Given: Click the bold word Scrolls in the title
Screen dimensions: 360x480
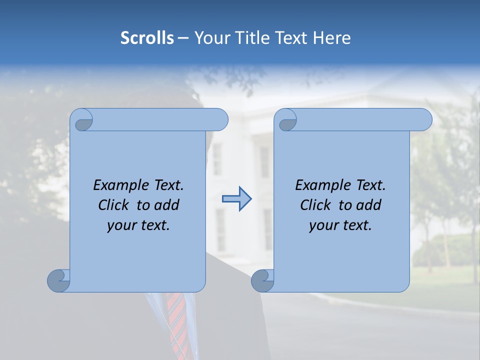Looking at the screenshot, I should click(147, 38).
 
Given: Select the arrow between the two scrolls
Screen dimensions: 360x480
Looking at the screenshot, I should click(236, 199).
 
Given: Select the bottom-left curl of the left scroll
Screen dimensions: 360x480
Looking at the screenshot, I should click(58, 280).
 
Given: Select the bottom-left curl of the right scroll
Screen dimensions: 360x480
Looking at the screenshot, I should click(262, 280).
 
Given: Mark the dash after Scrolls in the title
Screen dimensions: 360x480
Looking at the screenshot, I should click(183, 38).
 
